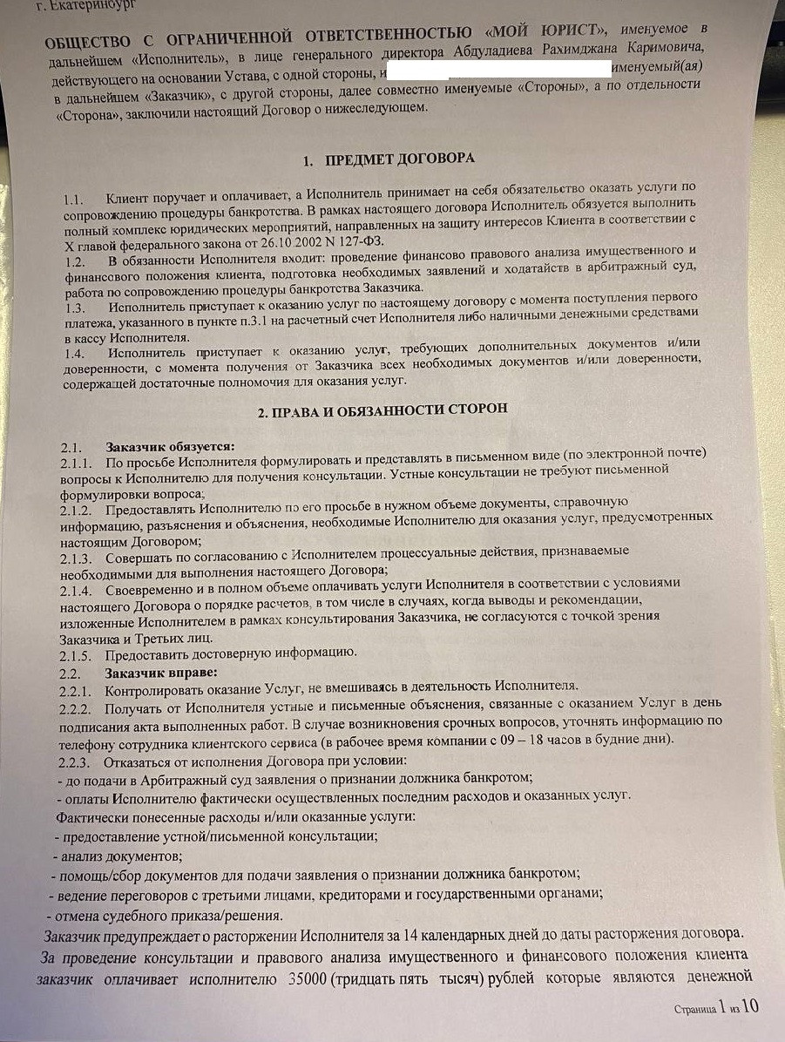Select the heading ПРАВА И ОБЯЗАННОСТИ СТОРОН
388,409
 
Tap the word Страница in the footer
695,1010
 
